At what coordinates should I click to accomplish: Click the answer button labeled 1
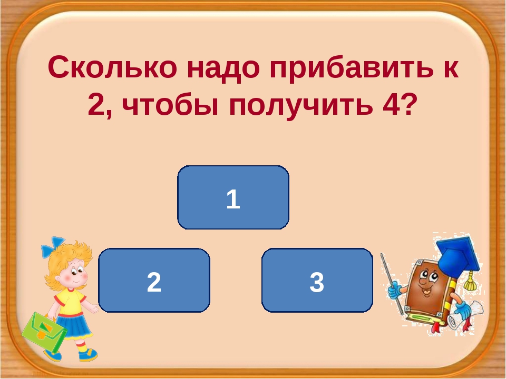[x=233, y=197]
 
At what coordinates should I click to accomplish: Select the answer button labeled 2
[x=154, y=280]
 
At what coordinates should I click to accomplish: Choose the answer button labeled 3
[x=317, y=280]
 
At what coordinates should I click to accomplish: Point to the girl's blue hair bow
[x=53, y=246]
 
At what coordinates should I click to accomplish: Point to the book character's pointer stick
[x=392, y=284]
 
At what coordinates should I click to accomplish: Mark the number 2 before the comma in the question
[x=95, y=104]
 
